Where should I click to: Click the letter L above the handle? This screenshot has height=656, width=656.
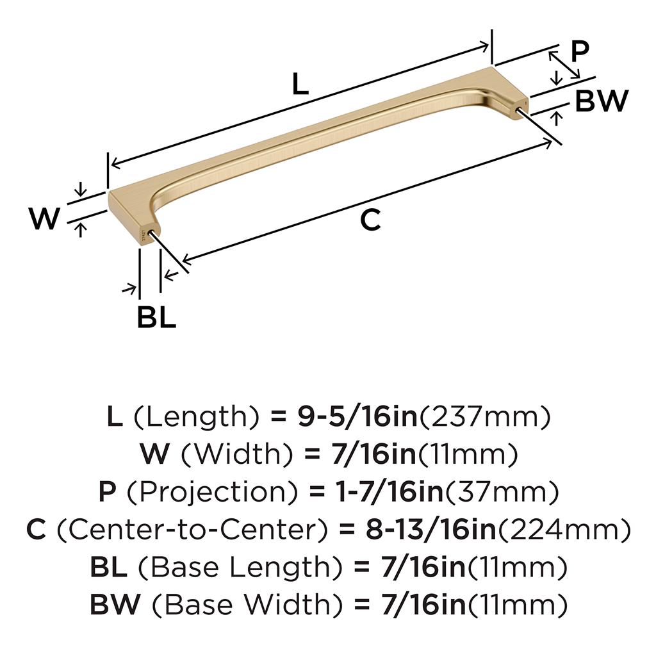coord(300,84)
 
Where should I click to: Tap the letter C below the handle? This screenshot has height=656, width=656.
coord(370,220)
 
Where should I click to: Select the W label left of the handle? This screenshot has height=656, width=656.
coord(44,218)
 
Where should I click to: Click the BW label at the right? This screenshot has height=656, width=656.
coord(602,101)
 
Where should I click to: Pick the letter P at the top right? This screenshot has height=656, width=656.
coord(579,51)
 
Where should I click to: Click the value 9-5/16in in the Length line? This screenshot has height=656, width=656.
coord(358,416)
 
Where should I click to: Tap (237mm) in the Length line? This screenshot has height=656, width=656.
coord(485,417)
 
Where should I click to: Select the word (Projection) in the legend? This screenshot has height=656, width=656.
coord(213,492)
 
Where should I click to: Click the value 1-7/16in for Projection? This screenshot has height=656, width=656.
coord(389,491)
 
